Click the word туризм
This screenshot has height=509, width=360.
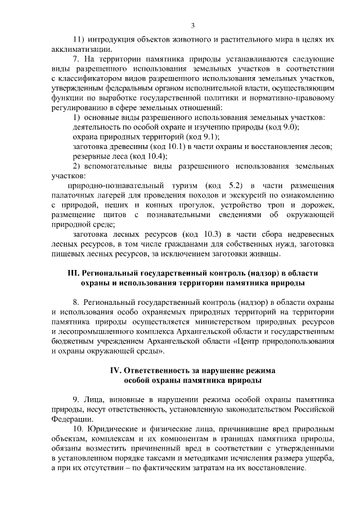183,186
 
